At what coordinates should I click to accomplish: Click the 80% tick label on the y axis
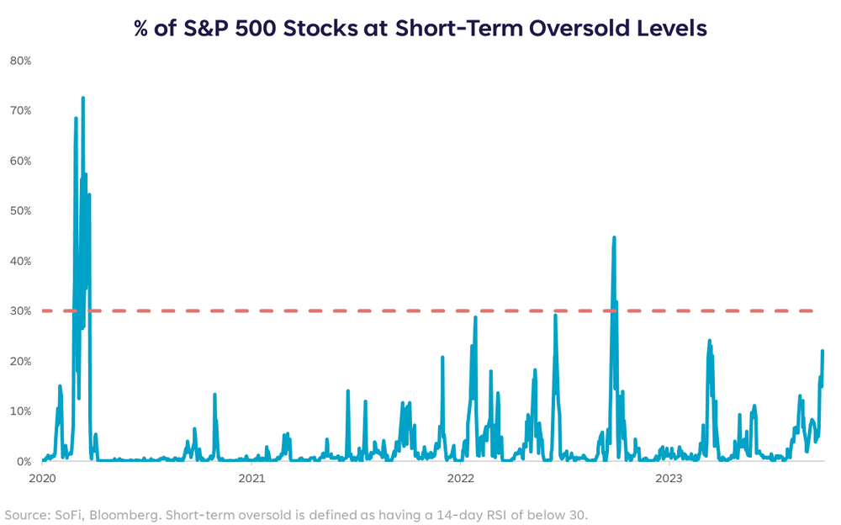click(x=21, y=61)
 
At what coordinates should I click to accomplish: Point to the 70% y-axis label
click(x=21, y=110)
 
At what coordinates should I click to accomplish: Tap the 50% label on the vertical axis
click(x=21, y=211)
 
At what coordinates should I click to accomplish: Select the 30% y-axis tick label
click(x=21, y=311)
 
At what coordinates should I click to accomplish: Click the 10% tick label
click(x=21, y=411)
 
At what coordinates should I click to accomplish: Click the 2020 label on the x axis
click(x=42, y=478)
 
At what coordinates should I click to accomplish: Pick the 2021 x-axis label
click(x=251, y=478)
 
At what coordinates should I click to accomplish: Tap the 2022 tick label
click(x=460, y=478)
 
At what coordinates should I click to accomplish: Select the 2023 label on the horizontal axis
click(x=669, y=478)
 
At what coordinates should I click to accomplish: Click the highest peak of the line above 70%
click(x=82, y=98)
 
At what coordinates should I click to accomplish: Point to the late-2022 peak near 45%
click(x=614, y=236)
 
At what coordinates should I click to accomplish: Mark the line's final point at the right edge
click(x=822, y=351)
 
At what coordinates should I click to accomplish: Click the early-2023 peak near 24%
click(x=709, y=341)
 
